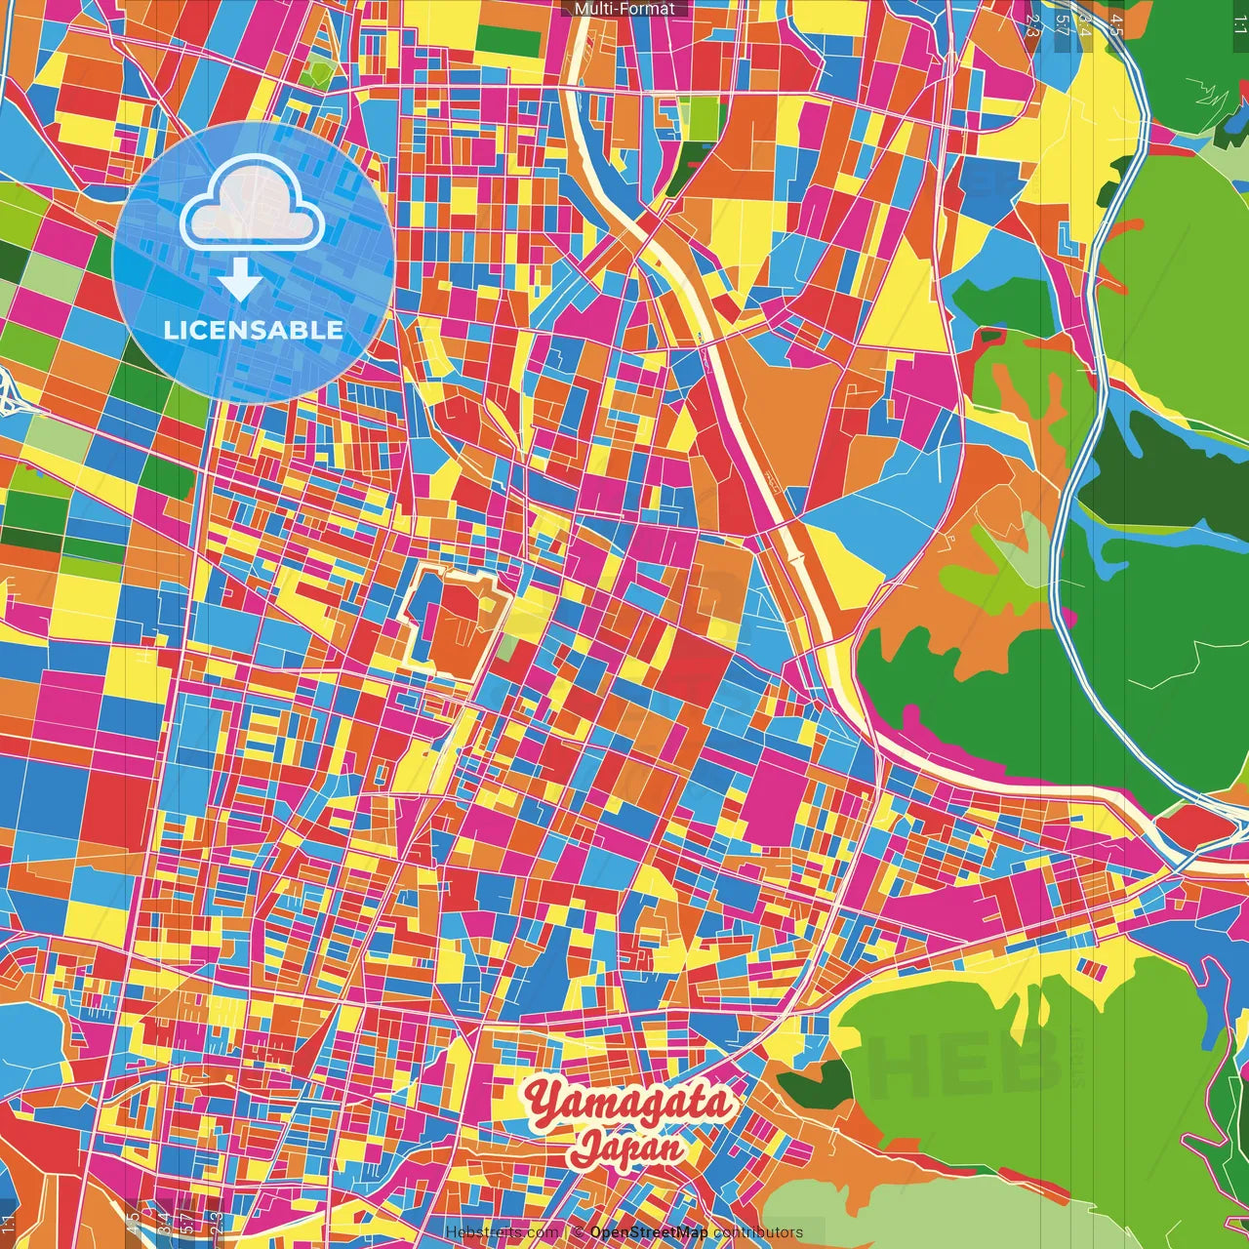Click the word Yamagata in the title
pos(627,1103)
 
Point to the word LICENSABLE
pos(254,330)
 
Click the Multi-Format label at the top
pos(624,9)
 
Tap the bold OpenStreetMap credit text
pos(649,1232)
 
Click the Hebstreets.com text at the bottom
pos(502,1232)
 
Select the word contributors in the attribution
pos(758,1232)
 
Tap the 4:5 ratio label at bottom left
pos(134,1223)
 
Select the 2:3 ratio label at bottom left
pos(215,1223)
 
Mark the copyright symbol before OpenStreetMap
pos(578,1232)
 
